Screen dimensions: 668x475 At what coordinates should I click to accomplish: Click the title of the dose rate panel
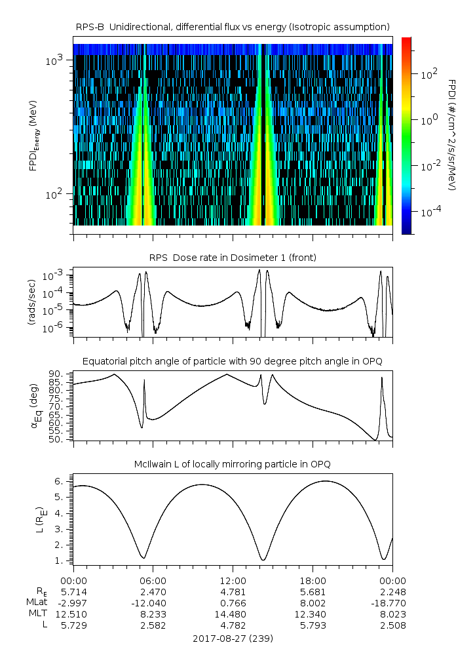(233, 258)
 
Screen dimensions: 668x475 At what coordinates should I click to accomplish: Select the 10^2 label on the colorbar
(429, 74)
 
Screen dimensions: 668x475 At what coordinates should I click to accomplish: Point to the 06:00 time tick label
(153, 581)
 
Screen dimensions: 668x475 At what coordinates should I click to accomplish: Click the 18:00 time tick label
(313, 581)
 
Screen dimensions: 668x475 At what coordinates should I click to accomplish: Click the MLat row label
(38, 602)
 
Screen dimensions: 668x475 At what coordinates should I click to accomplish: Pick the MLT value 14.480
(233, 614)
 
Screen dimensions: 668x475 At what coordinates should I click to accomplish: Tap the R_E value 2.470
(153, 591)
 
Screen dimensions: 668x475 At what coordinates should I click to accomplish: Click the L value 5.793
(313, 625)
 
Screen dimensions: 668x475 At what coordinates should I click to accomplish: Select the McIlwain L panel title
(233, 464)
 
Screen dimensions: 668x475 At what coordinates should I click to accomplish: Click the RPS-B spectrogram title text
(233, 26)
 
